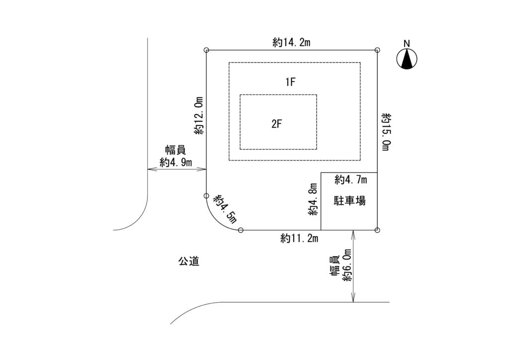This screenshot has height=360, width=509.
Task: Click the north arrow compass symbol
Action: (x=407, y=59)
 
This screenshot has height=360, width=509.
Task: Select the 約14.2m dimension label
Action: (x=291, y=43)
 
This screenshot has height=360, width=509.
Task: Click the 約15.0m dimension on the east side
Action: (x=387, y=131)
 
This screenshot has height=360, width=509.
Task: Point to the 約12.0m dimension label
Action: (x=199, y=116)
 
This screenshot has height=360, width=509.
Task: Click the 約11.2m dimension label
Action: (x=299, y=239)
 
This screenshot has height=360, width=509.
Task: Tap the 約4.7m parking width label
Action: (x=350, y=179)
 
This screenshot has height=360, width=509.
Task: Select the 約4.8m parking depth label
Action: (x=313, y=199)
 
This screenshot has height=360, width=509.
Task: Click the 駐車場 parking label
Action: (x=350, y=201)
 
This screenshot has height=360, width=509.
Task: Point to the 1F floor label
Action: (x=291, y=83)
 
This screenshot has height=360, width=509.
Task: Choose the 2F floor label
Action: (x=277, y=124)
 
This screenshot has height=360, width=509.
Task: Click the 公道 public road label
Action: (x=188, y=261)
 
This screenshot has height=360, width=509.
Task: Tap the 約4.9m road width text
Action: (x=176, y=162)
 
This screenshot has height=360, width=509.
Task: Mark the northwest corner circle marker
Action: (x=207, y=50)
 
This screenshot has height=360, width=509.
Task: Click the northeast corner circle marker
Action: (x=377, y=50)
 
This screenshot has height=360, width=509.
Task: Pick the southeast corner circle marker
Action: (x=377, y=230)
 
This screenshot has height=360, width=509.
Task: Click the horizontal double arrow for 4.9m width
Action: (x=177, y=170)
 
